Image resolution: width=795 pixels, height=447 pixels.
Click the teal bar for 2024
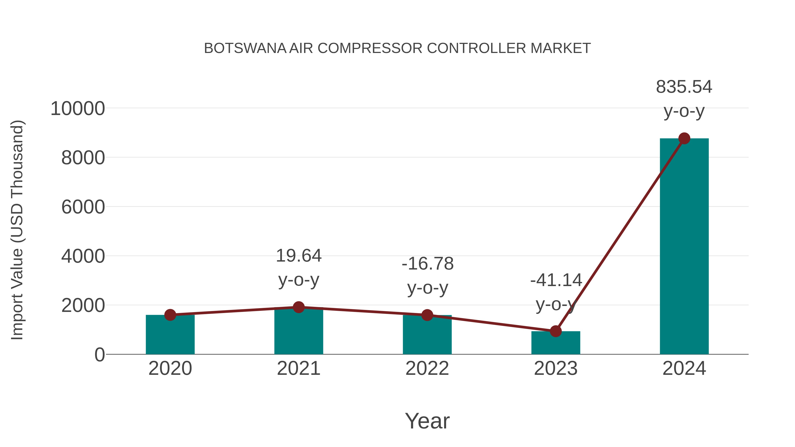click(x=684, y=247)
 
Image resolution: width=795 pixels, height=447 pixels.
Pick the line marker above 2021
click(x=298, y=307)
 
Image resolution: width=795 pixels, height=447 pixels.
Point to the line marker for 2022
click(x=427, y=315)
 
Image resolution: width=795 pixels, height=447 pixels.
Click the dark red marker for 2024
click(x=684, y=138)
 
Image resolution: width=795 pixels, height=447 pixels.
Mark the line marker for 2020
click(x=170, y=315)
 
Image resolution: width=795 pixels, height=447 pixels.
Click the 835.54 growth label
click(x=684, y=87)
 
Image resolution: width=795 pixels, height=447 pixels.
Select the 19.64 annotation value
click(x=298, y=256)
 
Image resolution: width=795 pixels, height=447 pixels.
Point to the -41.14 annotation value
click(x=556, y=280)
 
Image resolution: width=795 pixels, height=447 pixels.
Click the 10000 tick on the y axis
click(x=78, y=109)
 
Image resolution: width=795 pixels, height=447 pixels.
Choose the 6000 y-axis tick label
click(x=83, y=207)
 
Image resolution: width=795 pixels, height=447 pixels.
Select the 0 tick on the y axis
click(x=99, y=355)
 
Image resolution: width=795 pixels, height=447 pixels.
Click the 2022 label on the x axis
click(x=427, y=368)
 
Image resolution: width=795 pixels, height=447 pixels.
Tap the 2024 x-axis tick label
click(x=684, y=368)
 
